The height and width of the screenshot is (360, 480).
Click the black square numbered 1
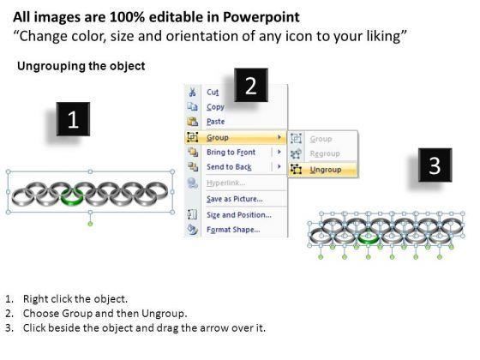point(73,119)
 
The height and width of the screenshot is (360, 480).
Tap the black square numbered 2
point(251,85)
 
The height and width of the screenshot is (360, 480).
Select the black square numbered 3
point(435,165)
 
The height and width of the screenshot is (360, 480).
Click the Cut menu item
point(213,93)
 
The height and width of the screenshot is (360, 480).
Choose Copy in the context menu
point(215,107)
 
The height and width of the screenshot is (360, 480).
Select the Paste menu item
point(215,122)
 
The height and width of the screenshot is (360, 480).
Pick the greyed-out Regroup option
point(325,153)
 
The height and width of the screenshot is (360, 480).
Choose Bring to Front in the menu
point(231,152)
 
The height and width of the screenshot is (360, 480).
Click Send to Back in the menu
point(229,167)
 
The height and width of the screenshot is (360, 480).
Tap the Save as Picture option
point(235,199)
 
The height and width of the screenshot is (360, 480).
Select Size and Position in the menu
point(239,215)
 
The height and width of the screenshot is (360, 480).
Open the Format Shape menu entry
point(233,230)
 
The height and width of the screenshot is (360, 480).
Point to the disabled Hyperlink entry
point(225,183)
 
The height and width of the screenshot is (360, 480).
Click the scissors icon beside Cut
point(192,93)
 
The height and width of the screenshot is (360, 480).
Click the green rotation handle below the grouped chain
point(90,224)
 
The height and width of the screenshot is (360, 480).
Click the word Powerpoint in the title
point(261,17)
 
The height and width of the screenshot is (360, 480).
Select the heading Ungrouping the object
point(81,66)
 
